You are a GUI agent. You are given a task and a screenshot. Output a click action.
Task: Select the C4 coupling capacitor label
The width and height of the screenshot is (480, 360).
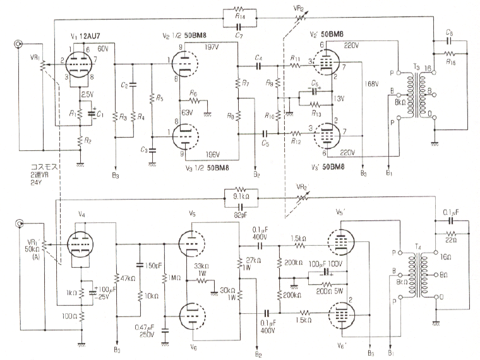pos(258,57)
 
